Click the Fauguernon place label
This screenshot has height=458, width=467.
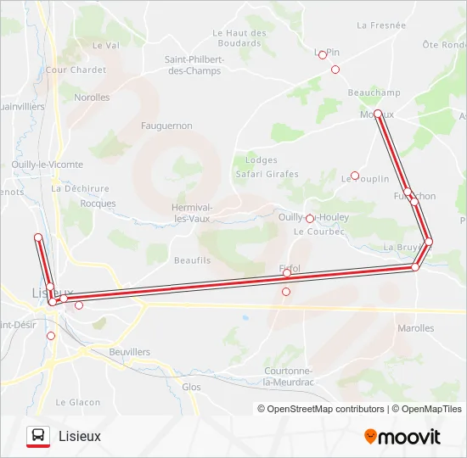pyautogui.click(x=166, y=126)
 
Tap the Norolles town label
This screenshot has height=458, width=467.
pyautogui.click(x=92, y=98)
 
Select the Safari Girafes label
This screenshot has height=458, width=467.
pyautogui.click(x=267, y=174)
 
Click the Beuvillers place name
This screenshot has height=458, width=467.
pyautogui.click(x=130, y=351)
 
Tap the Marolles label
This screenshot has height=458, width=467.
pyautogui.click(x=415, y=328)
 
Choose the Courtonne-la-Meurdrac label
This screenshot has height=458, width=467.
pyautogui.click(x=290, y=377)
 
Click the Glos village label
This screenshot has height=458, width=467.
pyautogui.click(x=192, y=386)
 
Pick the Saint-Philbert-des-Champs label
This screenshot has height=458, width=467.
pyautogui.click(x=194, y=65)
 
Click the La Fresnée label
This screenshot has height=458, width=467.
pyautogui.click(x=381, y=25)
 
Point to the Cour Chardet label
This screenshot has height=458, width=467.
pyautogui.click(x=76, y=70)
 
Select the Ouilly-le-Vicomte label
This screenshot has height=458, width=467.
pyautogui.click(x=48, y=165)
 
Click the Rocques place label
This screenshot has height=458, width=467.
pyautogui.click(x=98, y=204)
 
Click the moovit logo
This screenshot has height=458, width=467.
pyautogui.click(x=402, y=437)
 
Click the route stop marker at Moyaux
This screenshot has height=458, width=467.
pyautogui.click(x=378, y=114)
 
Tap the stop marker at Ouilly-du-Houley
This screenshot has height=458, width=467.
pyautogui.click(x=310, y=219)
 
